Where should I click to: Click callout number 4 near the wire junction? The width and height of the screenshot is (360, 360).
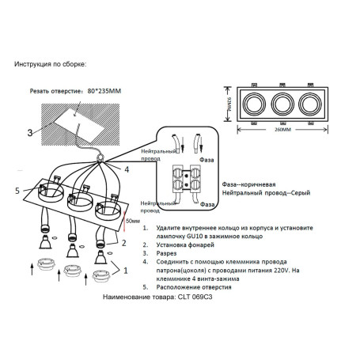125,169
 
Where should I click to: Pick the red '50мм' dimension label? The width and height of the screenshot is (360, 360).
134,223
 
